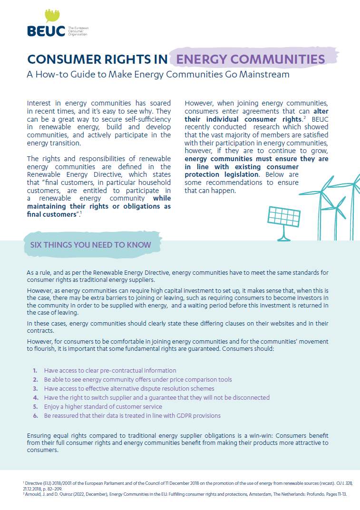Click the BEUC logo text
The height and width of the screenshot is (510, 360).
coord(47,31)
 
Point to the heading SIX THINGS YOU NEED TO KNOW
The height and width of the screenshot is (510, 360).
coord(90,245)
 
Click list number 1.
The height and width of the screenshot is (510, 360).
coord(35,370)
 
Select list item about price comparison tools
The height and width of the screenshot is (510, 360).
coord(138,379)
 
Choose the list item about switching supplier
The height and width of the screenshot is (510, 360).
coord(156,397)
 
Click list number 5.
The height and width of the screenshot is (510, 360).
coord(35,406)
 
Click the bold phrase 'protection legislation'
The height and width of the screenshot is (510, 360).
coord(222,174)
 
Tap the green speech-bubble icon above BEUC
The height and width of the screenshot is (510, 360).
coord(52,15)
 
